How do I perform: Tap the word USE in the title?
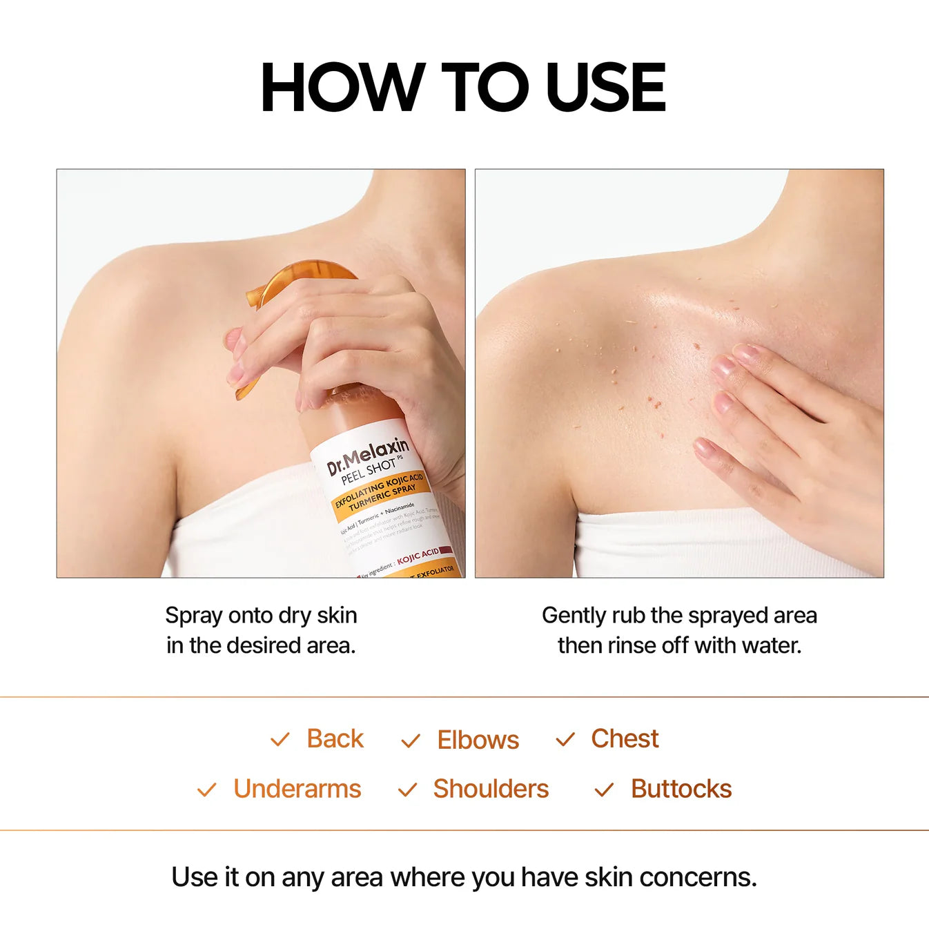605,87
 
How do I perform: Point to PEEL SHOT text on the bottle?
369,471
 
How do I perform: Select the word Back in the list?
335,739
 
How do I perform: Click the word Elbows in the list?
478,740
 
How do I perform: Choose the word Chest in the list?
625,739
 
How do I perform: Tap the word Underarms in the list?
297,789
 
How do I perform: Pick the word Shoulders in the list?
491,789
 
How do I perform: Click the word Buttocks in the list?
681,789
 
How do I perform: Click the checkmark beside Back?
280,740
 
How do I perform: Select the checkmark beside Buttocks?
604,790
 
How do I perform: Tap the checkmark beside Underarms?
206,790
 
